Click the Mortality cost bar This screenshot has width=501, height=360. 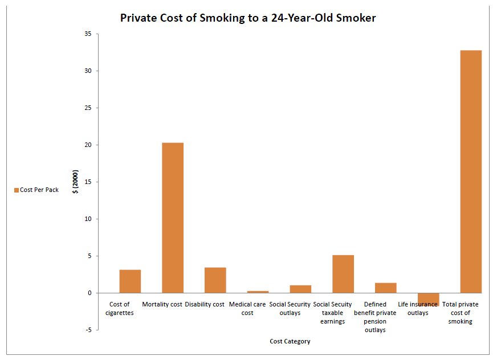coord(173,218)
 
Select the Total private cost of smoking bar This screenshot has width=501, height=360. coord(471,171)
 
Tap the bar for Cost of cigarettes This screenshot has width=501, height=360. coord(130,281)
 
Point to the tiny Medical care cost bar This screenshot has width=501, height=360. coord(258,292)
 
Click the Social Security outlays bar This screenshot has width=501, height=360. coord(300,289)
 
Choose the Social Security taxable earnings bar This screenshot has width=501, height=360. coord(343,274)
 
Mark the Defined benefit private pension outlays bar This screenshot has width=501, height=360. coord(386,288)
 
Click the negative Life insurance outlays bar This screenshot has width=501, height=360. coord(428,298)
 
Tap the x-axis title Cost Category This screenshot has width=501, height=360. coord(290,342)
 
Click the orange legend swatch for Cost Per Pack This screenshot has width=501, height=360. coord(16,190)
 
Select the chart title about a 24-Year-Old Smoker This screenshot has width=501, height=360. coord(248,18)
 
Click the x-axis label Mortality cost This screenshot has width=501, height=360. coord(162,305)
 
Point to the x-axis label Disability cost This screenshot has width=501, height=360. coord(205,305)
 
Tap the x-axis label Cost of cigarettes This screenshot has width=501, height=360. coord(120,309)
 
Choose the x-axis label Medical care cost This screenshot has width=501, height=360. coord(247,309)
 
